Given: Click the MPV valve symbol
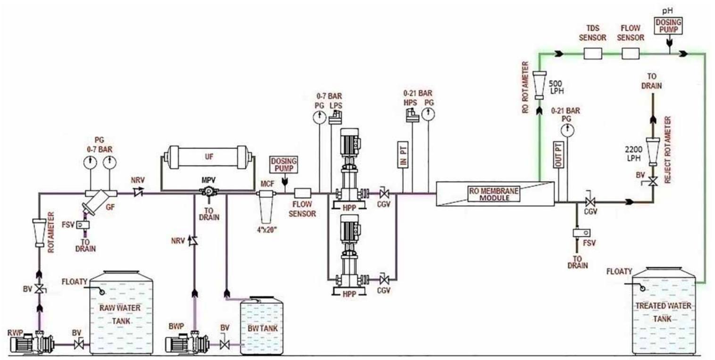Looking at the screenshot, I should (x=207, y=192).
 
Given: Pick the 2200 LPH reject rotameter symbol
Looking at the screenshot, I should (x=652, y=150).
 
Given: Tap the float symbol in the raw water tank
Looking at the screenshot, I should (x=100, y=292).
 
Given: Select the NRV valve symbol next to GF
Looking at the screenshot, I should (x=138, y=192).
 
